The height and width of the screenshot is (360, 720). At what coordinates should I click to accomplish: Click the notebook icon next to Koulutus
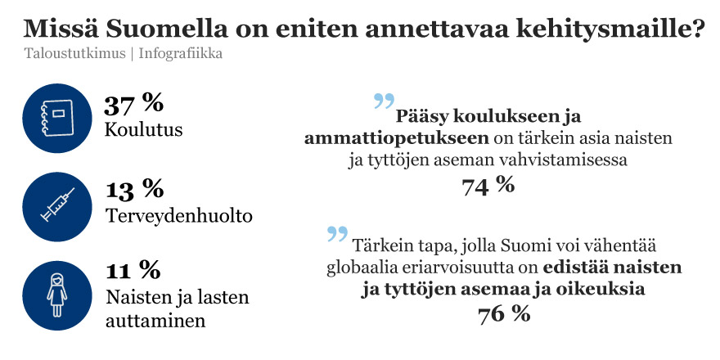[x=56, y=120]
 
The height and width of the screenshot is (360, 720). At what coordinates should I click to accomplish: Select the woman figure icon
[x=56, y=293]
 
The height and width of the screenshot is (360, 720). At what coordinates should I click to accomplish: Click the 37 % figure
[x=134, y=103]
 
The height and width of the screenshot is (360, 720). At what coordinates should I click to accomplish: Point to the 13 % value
[x=134, y=189]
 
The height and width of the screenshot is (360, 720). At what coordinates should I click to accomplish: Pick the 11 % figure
[x=133, y=269]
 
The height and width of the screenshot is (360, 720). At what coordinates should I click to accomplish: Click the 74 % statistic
[x=488, y=186]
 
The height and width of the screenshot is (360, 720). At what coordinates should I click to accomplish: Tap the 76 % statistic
[x=504, y=313]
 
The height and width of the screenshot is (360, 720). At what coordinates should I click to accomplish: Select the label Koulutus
[x=144, y=130]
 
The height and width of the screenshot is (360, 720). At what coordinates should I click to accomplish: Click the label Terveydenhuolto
[x=179, y=216]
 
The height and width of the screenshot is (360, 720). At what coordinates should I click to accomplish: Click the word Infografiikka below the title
[x=181, y=54]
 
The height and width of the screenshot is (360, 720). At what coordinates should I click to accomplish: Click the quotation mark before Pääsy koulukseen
[x=384, y=102]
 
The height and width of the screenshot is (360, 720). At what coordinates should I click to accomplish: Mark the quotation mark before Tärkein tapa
[x=337, y=234]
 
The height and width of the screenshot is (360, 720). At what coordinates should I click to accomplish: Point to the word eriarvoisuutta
[x=465, y=268]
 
